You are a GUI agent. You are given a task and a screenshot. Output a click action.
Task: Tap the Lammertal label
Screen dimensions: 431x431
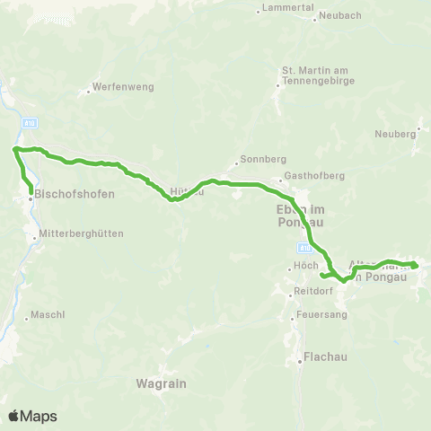point(288,7)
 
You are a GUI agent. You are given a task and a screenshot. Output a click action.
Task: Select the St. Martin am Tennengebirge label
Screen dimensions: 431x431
point(319,75)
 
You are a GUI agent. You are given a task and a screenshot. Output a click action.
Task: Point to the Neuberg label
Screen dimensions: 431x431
point(398,135)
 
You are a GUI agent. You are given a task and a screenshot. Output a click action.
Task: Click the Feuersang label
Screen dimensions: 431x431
point(326,315)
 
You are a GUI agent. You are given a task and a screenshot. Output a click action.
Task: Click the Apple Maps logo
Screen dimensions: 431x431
point(32,416)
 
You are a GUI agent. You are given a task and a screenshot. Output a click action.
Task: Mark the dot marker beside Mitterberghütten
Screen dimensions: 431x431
point(34,238)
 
